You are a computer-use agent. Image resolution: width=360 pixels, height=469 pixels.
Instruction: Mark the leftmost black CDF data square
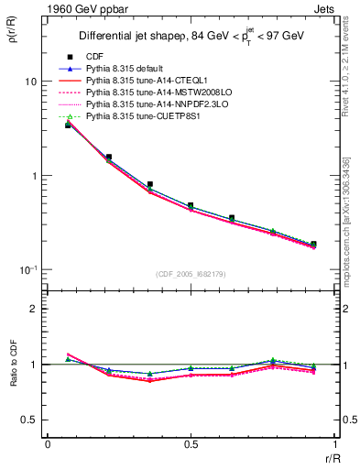click(68, 125)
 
